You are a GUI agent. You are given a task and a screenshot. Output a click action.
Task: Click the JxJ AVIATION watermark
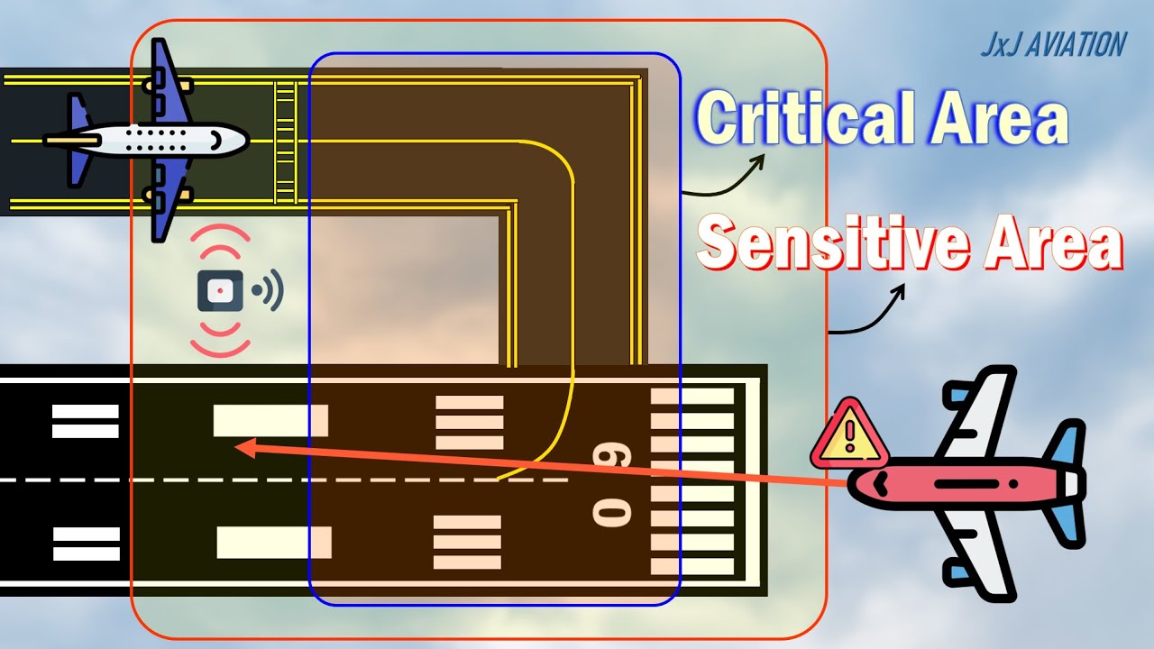(x=1053, y=44)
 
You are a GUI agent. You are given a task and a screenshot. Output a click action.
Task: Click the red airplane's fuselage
(x=956, y=484)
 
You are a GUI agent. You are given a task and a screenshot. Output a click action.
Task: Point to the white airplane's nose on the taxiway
(x=236, y=139)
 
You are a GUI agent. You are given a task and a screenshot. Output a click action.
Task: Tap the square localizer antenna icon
(x=220, y=290)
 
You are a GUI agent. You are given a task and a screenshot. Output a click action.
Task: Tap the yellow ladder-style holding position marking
(x=285, y=142)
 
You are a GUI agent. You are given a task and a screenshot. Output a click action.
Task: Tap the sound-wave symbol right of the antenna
(x=269, y=290)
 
